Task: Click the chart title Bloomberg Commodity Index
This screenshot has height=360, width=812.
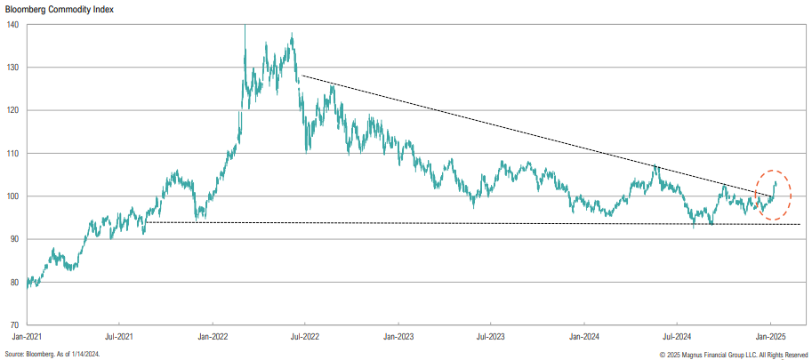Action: [x=55, y=9]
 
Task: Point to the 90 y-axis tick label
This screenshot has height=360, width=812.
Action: [x=14, y=239]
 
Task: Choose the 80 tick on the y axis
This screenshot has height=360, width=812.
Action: [x=14, y=282]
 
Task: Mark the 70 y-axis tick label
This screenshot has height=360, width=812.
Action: [x=14, y=325]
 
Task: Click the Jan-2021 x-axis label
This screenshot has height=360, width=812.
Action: [x=27, y=338]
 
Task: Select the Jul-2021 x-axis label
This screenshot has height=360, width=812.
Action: [x=119, y=338]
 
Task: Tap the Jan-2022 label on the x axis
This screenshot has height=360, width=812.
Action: [x=213, y=338]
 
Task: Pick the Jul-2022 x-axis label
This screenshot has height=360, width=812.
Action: [x=305, y=338]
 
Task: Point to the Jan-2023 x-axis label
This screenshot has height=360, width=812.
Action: [x=398, y=338]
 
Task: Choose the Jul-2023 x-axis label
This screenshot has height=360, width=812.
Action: [x=491, y=338]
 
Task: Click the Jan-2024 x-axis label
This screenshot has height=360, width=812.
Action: [x=584, y=338]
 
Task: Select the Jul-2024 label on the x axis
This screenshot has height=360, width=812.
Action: [x=677, y=338]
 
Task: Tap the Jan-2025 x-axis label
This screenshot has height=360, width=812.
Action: [x=770, y=338]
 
